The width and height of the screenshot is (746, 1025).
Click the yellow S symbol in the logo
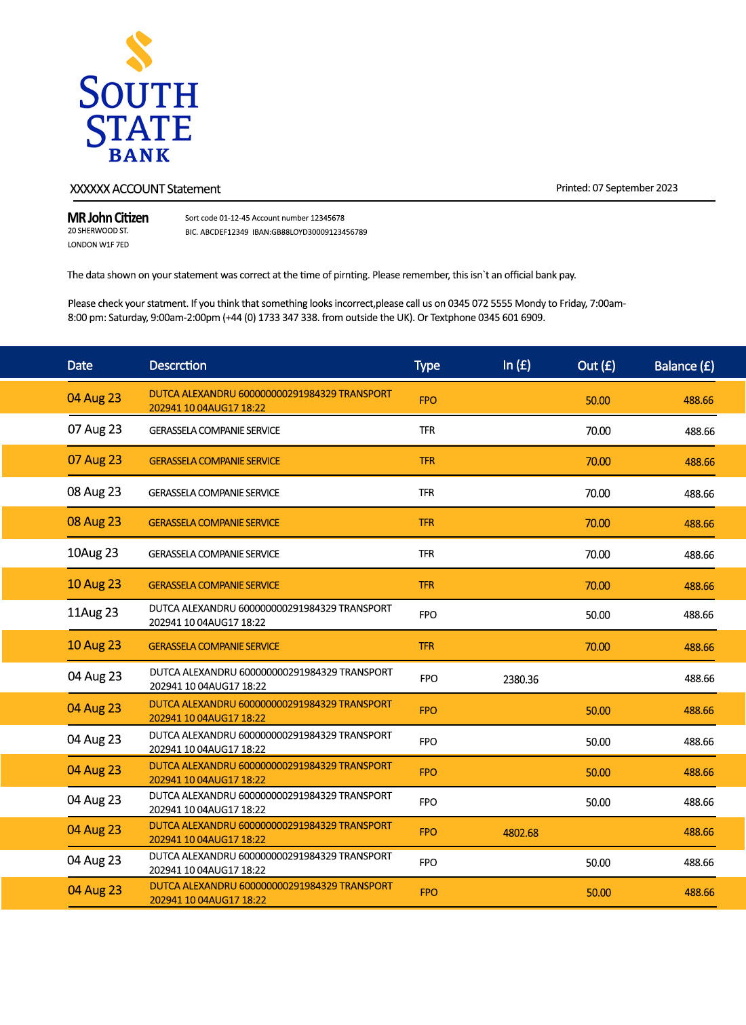point(139,51)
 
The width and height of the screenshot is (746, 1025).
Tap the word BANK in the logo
point(139,155)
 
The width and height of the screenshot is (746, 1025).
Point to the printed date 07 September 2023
point(635,188)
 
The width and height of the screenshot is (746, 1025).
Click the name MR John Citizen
point(108,218)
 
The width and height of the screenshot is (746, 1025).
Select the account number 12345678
point(327,218)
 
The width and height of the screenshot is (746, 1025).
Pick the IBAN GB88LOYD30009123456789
point(319,232)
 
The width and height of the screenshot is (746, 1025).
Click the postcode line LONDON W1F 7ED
point(98,245)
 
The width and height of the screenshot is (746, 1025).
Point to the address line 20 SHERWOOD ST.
point(98,231)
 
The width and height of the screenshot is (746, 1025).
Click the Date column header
point(80,365)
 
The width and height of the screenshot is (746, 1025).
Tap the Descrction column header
point(178,365)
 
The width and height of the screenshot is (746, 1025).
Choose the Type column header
point(427,365)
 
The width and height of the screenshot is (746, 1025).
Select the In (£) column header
point(517,365)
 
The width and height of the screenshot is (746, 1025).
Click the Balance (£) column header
point(684,366)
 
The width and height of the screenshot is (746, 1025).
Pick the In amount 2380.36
point(520,679)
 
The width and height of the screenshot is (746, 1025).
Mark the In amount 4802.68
point(520,833)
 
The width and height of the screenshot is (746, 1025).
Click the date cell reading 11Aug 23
point(93,613)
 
